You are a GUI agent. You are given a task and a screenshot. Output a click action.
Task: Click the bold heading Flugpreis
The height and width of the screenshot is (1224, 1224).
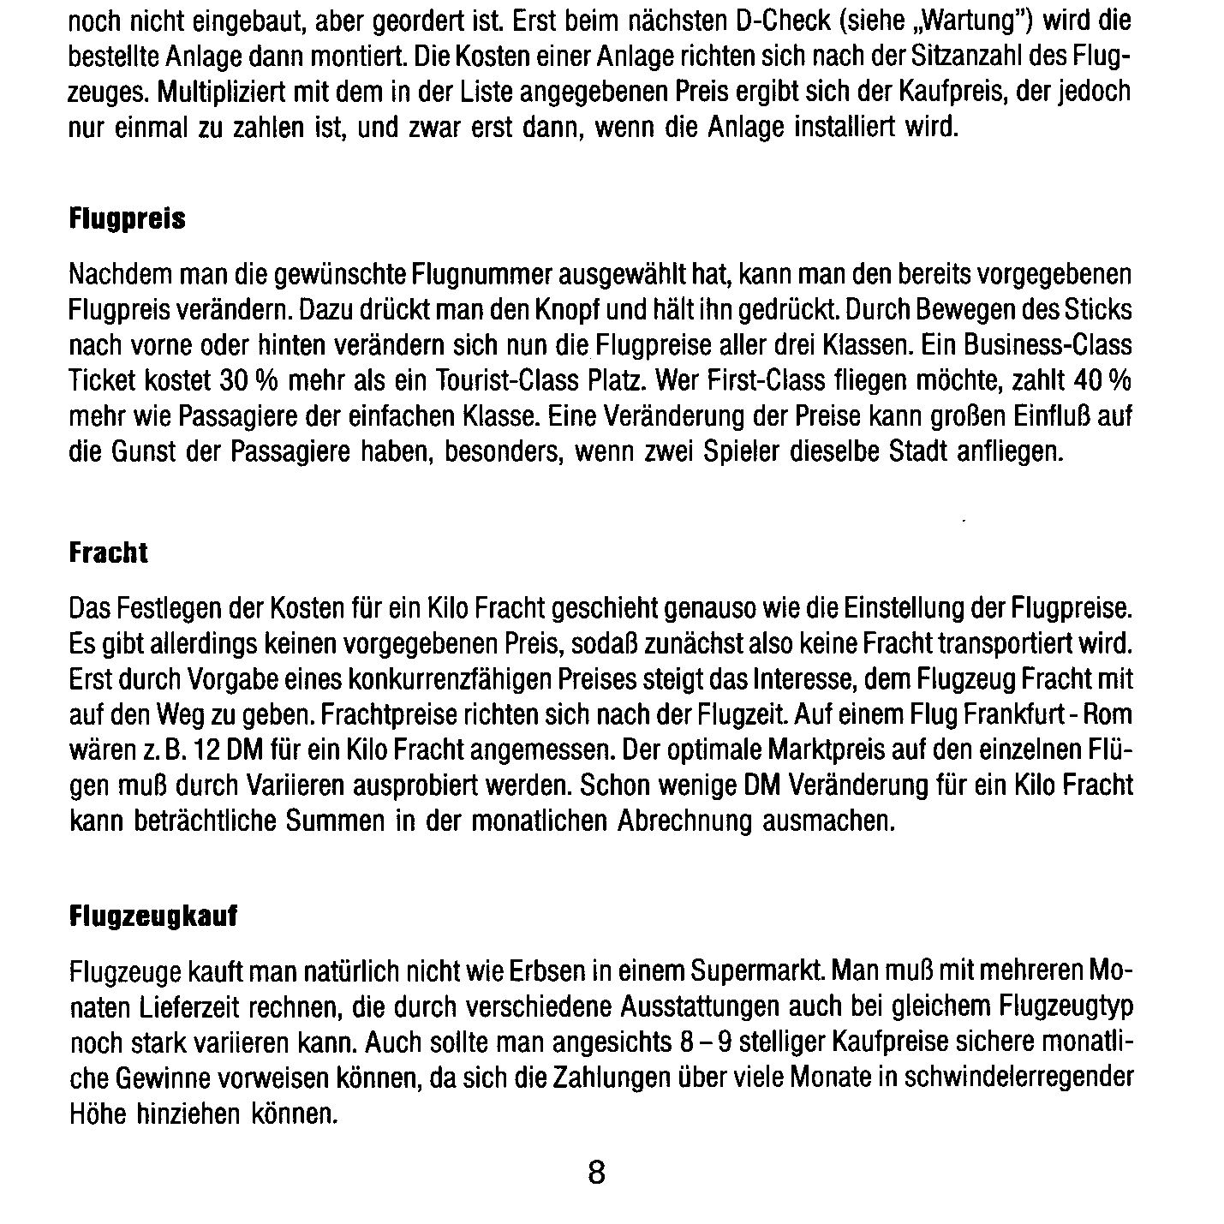[127, 220]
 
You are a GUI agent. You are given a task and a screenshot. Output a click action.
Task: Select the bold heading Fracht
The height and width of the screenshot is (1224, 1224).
[108, 553]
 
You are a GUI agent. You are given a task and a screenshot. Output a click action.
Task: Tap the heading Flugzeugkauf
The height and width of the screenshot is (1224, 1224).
[152, 917]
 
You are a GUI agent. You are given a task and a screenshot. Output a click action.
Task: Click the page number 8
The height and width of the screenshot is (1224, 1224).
[597, 1171]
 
